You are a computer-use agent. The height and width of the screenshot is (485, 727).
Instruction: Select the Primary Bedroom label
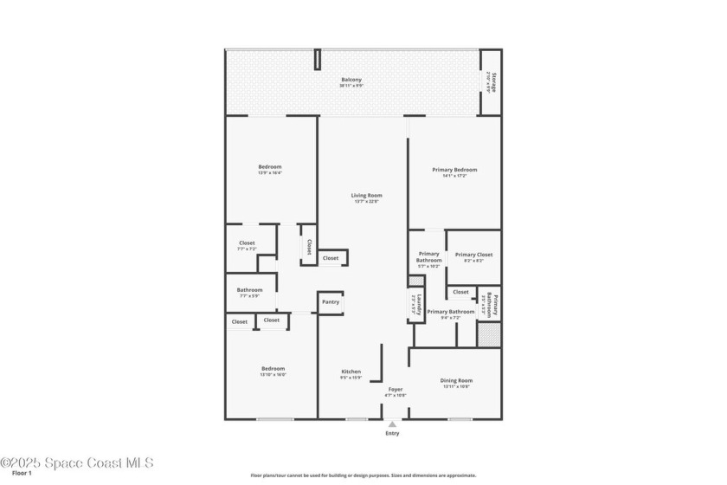(454, 170)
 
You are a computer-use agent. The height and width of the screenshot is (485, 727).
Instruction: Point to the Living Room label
(366, 196)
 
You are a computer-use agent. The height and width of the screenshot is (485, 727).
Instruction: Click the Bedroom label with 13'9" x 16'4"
(269, 167)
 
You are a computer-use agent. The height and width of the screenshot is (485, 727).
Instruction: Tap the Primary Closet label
(473, 255)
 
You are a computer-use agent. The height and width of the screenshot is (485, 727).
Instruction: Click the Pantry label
(331, 302)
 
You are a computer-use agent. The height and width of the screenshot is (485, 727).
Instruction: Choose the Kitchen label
(351, 372)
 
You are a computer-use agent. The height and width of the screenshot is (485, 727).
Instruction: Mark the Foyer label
(395, 389)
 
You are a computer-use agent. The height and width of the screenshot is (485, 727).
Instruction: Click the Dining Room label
(456, 380)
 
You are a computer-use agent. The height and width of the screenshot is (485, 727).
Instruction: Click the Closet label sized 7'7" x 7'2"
(247, 243)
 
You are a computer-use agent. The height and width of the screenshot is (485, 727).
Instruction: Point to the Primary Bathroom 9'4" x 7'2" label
(450, 312)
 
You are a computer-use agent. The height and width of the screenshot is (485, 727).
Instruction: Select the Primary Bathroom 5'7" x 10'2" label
(428, 257)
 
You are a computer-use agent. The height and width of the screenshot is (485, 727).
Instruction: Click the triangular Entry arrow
(392, 424)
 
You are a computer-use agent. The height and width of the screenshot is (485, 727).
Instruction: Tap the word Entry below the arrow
(392, 434)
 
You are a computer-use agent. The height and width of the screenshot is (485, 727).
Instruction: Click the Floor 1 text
(22, 474)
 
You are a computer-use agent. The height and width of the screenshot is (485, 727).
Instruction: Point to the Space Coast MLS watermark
(76, 462)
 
